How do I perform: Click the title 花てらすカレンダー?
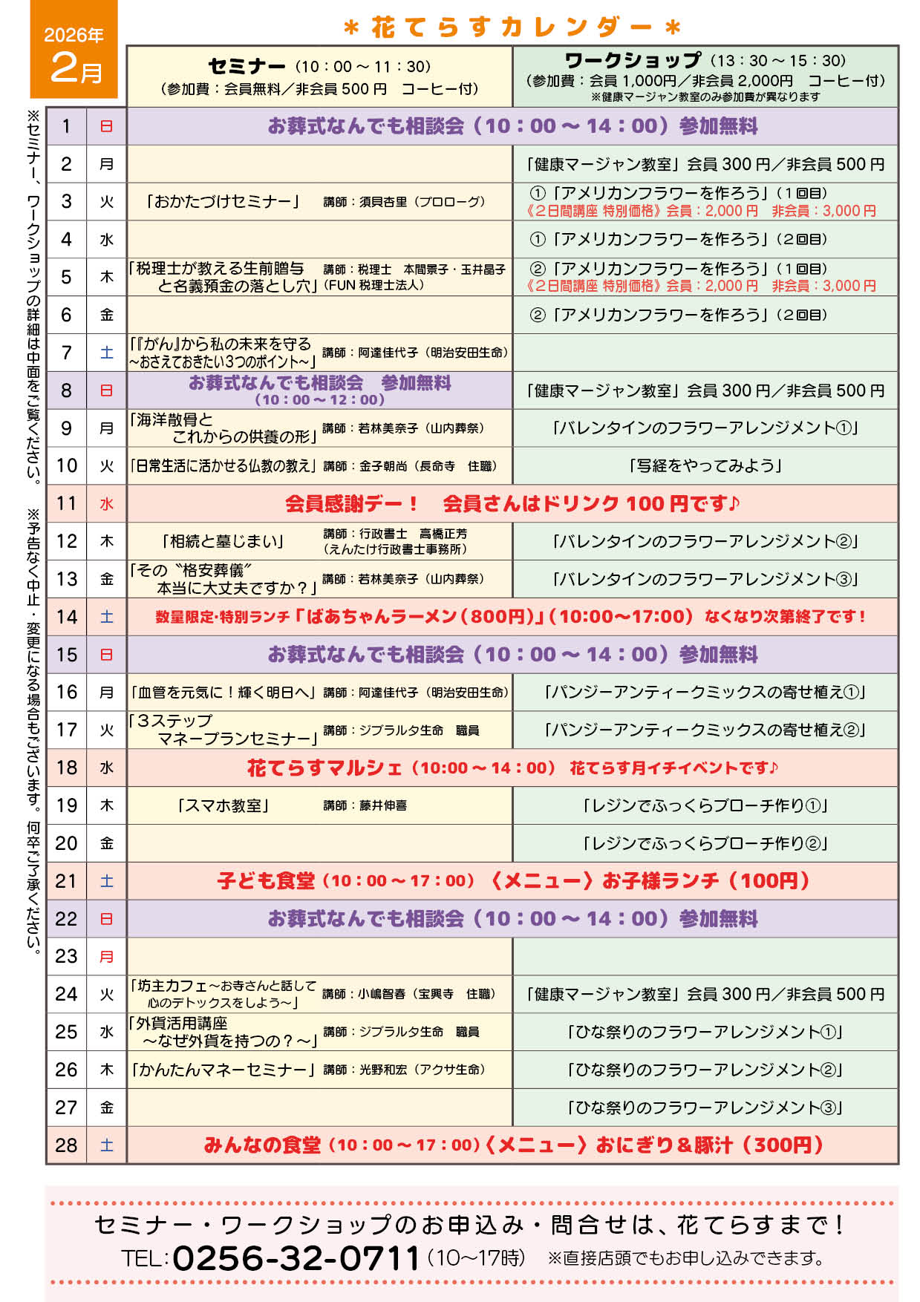[512, 27]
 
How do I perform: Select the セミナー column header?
[319, 76]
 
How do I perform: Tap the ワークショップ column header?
[705, 76]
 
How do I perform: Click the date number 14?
[67, 617]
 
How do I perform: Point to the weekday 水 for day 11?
[107, 504]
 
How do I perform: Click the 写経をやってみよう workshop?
[705, 466]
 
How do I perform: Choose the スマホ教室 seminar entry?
[223, 805]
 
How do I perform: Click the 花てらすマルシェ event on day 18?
[512, 768]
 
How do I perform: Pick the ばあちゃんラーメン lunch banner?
[512, 617]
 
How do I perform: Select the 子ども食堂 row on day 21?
[512, 881]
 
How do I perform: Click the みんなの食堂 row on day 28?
[512, 1145]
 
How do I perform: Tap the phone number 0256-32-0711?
[296, 1258]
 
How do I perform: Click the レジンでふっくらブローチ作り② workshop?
[705, 844]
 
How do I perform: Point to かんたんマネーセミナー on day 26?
[221, 1070]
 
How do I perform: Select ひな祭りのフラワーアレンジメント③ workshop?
[705, 1108]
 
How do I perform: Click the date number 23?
[67, 957]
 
